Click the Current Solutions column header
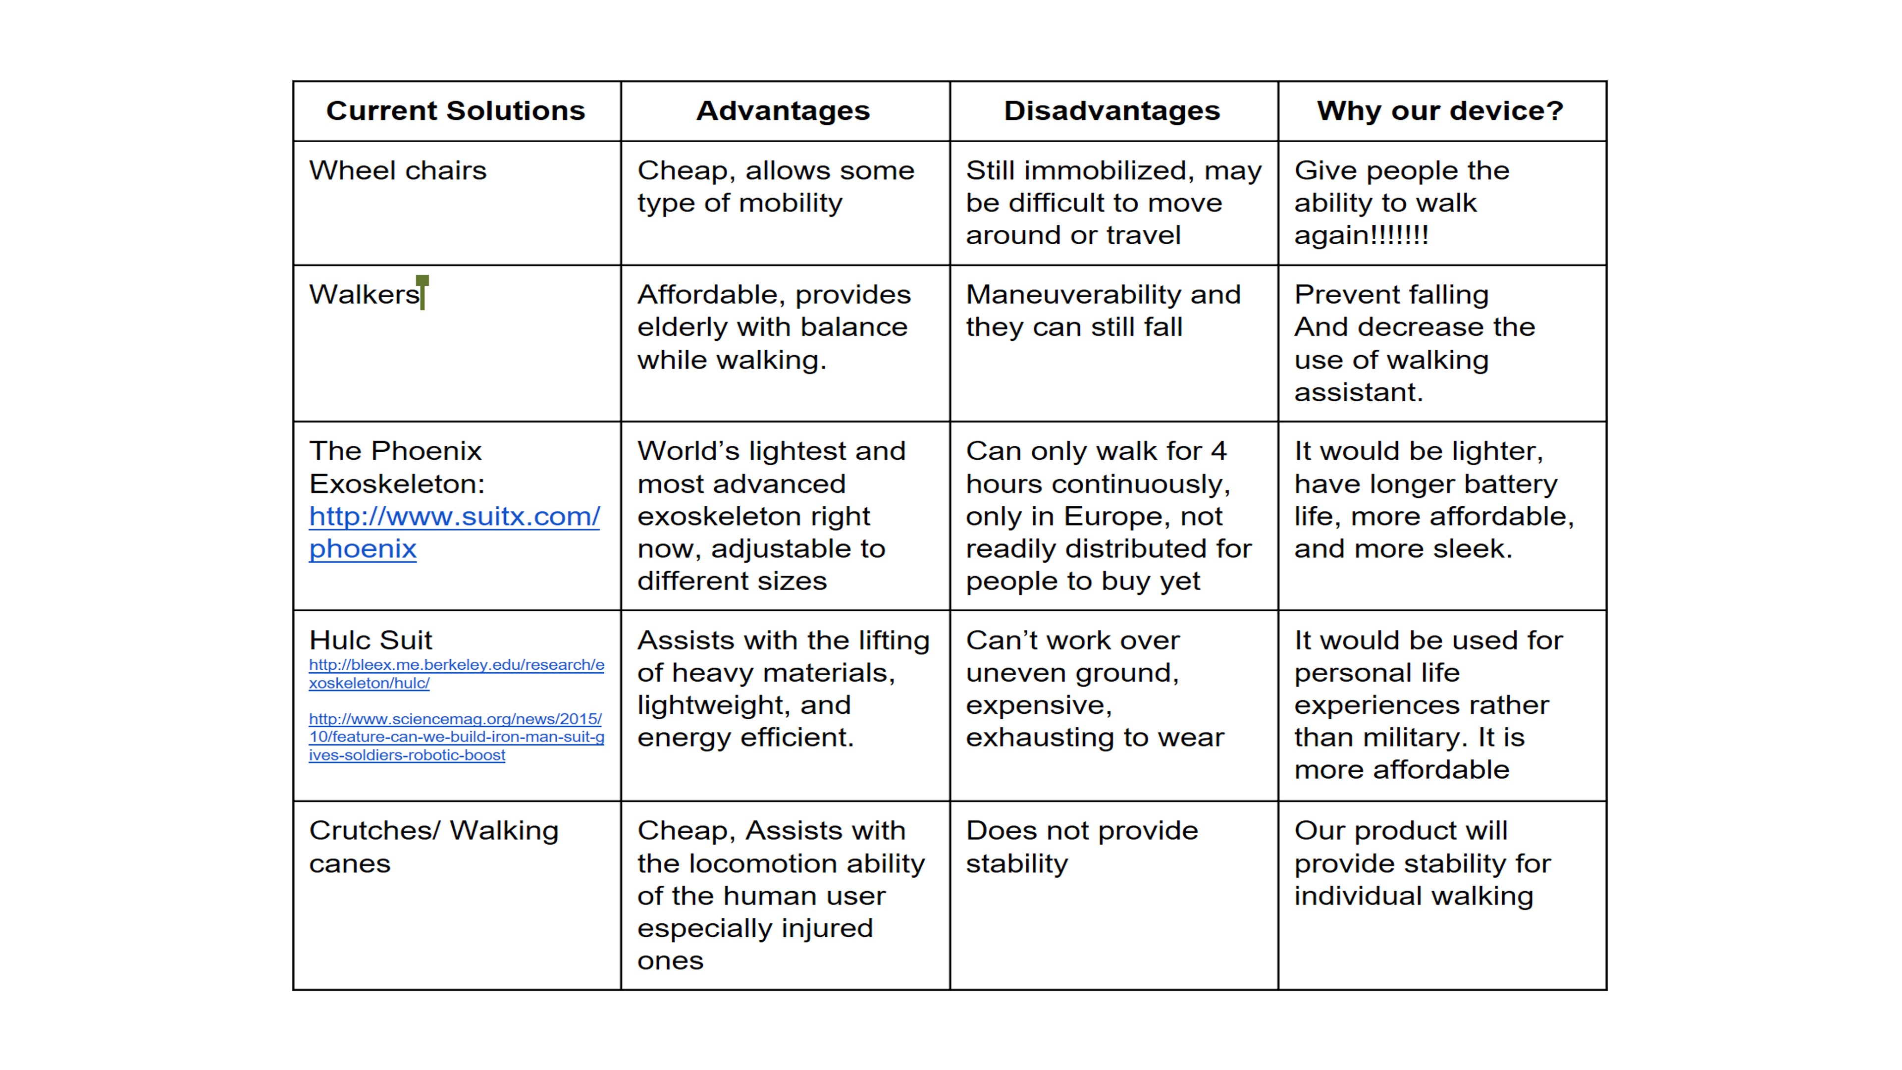coord(456,111)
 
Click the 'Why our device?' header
coord(1440,111)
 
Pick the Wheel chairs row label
coord(397,170)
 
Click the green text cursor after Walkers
coord(423,292)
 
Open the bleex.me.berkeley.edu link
coord(456,674)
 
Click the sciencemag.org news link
coord(456,736)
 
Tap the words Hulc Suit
coord(370,640)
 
